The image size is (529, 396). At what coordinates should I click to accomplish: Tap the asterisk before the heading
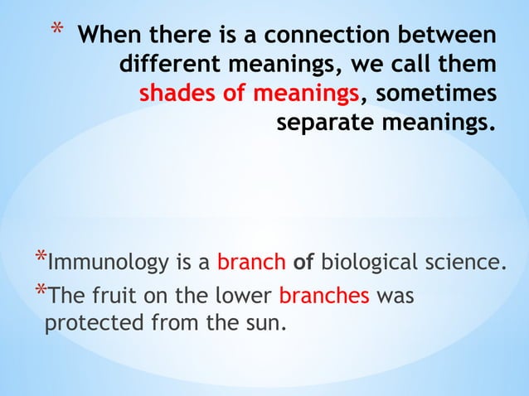tap(56, 34)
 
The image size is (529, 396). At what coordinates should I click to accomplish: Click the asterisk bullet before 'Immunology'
tap(40, 258)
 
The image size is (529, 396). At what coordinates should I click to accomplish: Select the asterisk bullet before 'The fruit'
tap(40, 290)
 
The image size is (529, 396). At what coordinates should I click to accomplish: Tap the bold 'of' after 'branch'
tap(303, 264)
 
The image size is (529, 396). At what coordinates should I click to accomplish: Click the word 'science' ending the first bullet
tap(467, 264)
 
